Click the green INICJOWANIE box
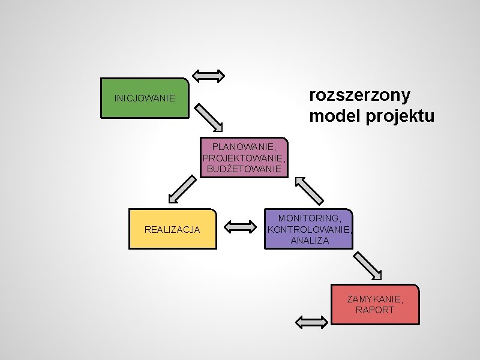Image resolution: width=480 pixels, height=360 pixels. point(145,97)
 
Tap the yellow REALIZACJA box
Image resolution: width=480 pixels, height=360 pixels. point(172,229)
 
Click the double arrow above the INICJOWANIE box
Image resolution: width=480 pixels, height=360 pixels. point(209,76)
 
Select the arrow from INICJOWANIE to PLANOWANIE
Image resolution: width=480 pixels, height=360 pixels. point(209,117)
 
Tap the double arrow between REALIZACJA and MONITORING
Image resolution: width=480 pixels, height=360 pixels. point(241,227)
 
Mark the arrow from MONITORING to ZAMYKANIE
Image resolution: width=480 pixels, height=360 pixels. point(367,266)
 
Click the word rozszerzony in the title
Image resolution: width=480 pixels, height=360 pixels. point(359,95)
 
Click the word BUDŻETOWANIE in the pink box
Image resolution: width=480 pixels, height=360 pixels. point(244,169)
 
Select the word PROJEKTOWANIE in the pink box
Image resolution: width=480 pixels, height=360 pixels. point(244,158)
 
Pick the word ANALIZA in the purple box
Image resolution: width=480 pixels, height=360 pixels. point(310,241)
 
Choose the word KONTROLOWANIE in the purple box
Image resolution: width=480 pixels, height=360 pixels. point(310,229)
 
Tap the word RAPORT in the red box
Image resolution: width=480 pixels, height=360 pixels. point(375,310)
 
